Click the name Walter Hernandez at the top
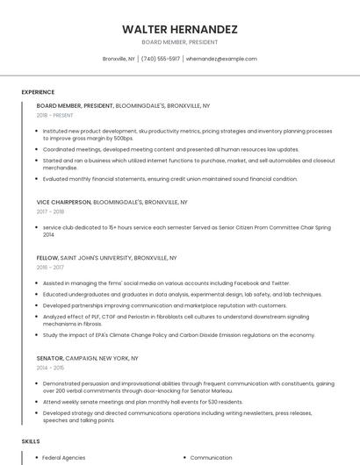point(180,29)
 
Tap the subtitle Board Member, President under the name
point(180,42)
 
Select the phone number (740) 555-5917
point(161,59)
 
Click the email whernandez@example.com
point(221,59)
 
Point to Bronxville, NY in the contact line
point(119,59)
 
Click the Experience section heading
point(38,92)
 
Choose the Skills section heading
point(31,440)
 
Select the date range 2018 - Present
point(55,115)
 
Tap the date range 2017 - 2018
point(51,211)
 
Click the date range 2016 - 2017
point(51,268)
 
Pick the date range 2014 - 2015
point(51,368)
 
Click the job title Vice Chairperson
point(64,202)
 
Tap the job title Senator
point(50,358)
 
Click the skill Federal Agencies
point(63,458)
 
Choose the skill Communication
point(211,458)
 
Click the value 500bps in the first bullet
point(123,139)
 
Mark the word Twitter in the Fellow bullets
point(280,283)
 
